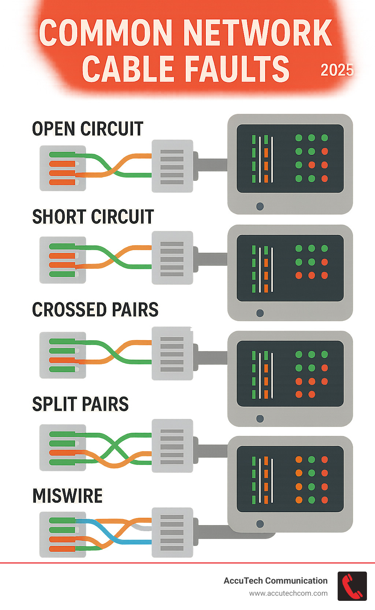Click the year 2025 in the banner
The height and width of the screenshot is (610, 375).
click(x=337, y=70)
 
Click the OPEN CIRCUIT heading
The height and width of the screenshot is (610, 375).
click(x=88, y=129)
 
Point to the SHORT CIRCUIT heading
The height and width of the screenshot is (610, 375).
click(x=93, y=217)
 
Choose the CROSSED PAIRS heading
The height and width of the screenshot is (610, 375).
click(x=95, y=310)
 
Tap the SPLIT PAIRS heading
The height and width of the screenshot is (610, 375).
click(x=81, y=404)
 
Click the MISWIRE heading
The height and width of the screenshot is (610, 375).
click(x=68, y=496)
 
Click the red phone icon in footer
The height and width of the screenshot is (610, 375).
click(x=352, y=586)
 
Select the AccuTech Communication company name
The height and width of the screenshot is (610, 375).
click(x=275, y=581)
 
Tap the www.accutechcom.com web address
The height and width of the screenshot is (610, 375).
click(x=288, y=593)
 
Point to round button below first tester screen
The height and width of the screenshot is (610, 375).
click(x=260, y=206)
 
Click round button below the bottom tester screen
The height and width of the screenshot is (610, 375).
click(x=260, y=524)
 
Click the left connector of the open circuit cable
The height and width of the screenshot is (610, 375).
click(x=63, y=168)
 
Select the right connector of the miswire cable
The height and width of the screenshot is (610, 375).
click(x=172, y=532)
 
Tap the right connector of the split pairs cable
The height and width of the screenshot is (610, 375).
click(x=172, y=446)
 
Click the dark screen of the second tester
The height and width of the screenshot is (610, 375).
click(x=290, y=268)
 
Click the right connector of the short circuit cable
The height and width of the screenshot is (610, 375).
click(x=172, y=258)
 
